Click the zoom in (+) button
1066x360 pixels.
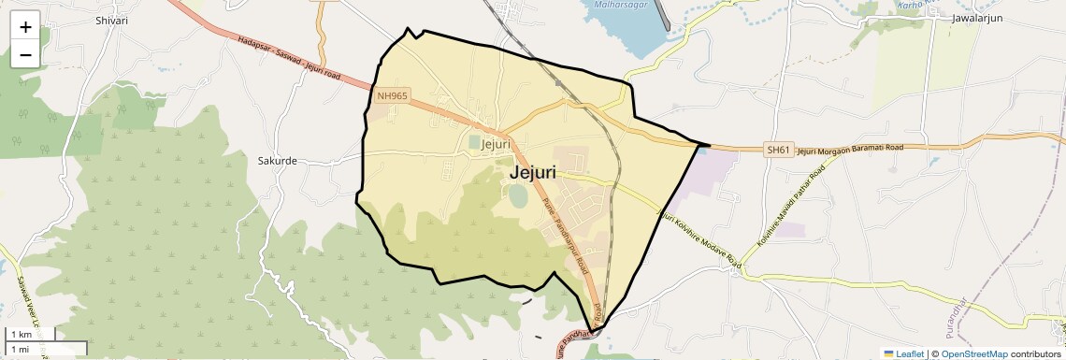[25, 27]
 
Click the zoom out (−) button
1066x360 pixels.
[25, 54]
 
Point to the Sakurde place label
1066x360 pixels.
[277, 160]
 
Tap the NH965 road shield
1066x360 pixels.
[392, 95]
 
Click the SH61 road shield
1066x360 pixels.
[779, 150]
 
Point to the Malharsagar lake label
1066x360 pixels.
[619, 4]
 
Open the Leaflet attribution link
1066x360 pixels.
[904, 353]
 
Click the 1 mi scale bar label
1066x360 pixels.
[21, 349]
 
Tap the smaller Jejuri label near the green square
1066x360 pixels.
[495, 144]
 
